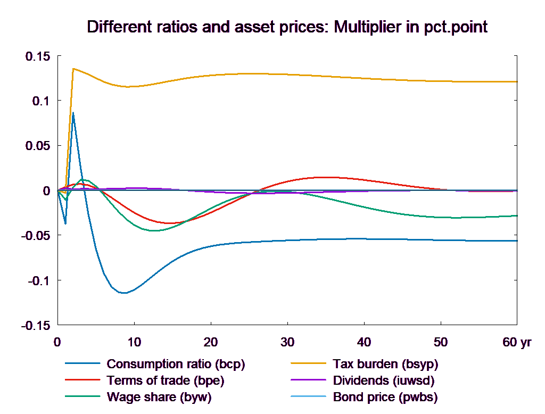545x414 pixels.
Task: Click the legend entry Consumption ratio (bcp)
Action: tap(176, 365)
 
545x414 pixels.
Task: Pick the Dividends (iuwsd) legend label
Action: tap(383, 381)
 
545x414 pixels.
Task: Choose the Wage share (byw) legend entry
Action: tap(159, 397)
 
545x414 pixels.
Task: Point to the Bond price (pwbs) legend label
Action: tap(384, 397)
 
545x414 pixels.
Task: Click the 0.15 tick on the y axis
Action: tap(38, 56)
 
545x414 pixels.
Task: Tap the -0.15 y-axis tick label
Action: tap(36, 326)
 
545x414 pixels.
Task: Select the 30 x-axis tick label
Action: tap(287, 342)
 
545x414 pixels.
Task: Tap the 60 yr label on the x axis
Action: tap(516, 342)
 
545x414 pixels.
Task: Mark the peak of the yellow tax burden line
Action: tap(73, 69)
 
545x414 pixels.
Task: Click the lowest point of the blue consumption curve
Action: tap(124, 293)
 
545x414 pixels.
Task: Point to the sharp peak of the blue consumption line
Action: tap(73, 113)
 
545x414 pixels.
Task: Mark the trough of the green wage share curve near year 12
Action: tap(154, 230)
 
